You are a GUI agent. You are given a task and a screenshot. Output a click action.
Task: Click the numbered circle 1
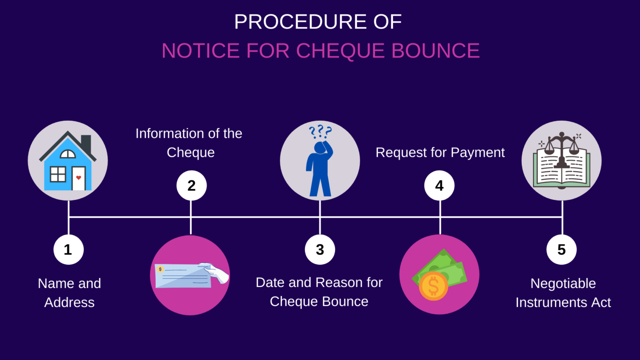tap(68, 250)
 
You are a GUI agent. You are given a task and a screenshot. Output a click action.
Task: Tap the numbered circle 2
tap(192, 186)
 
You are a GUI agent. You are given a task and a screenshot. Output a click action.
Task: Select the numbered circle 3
tap(320, 250)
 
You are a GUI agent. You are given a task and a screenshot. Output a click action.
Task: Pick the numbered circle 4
tap(439, 186)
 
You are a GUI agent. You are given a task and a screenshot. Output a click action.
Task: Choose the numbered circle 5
tap(561, 250)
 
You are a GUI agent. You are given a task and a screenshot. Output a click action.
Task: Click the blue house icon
tap(67, 164)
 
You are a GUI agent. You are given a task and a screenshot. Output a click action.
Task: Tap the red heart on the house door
tap(79, 177)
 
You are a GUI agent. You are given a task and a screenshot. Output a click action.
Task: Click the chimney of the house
tap(86, 143)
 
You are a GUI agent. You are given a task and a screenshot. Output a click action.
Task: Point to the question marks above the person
tap(320, 131)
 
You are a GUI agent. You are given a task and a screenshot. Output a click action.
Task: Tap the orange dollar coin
tap(433, 286)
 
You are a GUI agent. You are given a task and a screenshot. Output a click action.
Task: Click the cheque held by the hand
tap(183, 276)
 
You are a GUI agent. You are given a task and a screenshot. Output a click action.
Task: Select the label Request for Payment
tap(440, 152)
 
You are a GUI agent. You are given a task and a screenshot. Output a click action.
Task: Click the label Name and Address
tap(70, 293)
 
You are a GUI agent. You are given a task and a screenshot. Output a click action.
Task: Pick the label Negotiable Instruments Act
tap(563, 293)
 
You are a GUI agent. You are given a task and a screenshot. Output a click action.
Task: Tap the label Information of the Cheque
tap(189, 143)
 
